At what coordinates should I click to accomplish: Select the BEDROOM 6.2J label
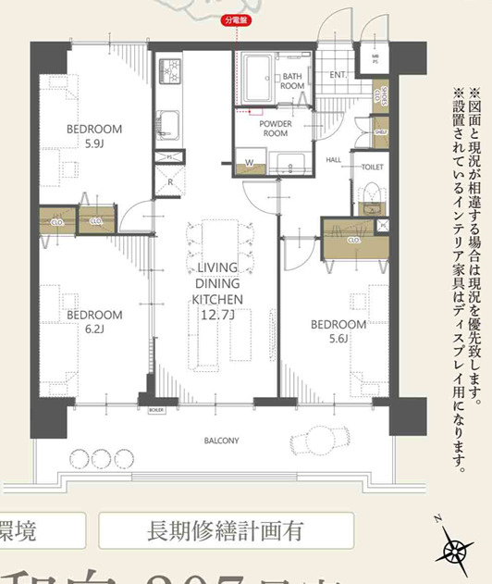click(x=94, y=320)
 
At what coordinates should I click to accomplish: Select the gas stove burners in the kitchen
click(x=171, y=70)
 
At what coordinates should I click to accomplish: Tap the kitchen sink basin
click(x=170, y=123)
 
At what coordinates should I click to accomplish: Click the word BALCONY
click(x=222, y=441)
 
